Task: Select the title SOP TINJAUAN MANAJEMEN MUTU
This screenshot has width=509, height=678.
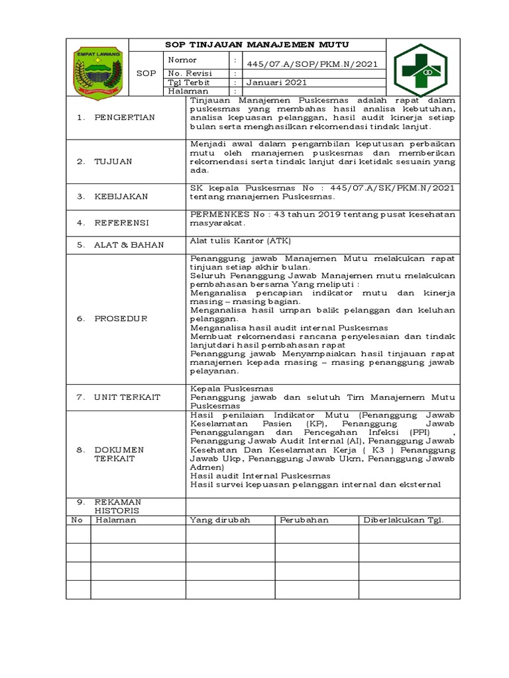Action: tap(256, 44)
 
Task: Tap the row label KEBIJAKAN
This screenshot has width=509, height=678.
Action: tap(121, 197)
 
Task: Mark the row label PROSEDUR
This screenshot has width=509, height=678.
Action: tap(121, 318)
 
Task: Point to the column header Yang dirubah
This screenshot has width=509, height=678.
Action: tap(219, 520)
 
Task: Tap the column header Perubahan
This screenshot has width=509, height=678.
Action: tap(304, 520)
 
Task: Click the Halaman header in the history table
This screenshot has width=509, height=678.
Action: tap(116, 520)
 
